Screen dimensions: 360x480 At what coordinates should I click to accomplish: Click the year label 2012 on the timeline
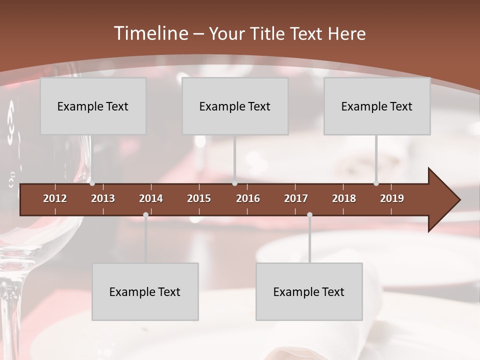55,198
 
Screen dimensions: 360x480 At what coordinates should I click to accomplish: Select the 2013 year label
103,198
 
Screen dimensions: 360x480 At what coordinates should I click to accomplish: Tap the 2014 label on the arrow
151,198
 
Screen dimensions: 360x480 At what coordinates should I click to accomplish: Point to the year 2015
199,198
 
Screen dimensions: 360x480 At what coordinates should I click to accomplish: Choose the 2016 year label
248,198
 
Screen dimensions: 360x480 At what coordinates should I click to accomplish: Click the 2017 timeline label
296,198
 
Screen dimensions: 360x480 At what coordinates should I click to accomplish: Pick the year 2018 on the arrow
344,198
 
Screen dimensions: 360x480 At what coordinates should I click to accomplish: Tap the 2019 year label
392,198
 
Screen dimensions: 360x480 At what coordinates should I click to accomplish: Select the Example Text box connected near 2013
93,106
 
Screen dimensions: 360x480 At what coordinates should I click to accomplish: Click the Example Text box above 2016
235,106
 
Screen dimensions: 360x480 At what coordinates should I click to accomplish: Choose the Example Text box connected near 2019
377,106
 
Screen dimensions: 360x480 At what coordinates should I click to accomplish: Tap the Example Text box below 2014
145,291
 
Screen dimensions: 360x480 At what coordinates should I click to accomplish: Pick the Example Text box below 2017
309,291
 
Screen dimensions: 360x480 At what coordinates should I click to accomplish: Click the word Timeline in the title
150,33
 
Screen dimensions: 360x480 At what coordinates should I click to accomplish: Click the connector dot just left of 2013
92,183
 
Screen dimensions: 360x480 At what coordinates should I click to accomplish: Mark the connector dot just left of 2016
235,183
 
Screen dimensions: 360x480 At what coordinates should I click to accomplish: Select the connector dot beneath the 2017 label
309,214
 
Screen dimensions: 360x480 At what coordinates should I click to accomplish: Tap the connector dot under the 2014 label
145,214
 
